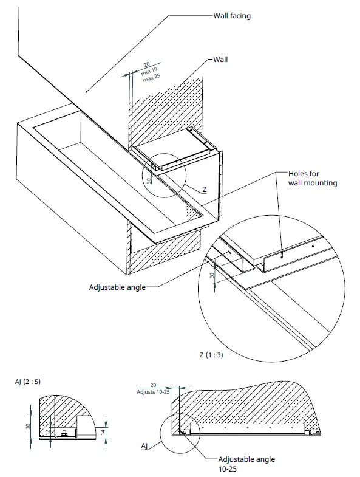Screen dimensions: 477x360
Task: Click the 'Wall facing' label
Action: pos(231,16)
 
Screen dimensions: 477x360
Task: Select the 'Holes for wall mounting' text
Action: pos(313,179)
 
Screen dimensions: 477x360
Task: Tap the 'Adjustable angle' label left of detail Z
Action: pos(117,287)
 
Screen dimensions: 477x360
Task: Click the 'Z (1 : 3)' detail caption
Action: pos(211,355)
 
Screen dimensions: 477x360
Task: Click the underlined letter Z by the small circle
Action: pos(205,190)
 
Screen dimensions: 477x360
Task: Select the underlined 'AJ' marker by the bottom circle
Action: pos(144,447)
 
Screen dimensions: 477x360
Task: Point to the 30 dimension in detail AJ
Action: pos(29,426)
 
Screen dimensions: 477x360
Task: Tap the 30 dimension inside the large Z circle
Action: pos(212,275)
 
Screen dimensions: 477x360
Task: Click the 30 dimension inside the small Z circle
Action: pos(149,180)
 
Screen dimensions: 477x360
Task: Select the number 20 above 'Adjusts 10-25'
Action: pos(153,385)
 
